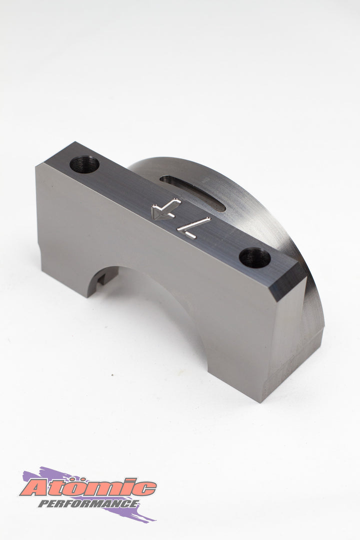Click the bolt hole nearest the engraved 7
pos(254,257)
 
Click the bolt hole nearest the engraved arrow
pos(84,164)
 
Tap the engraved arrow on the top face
pos(165,209)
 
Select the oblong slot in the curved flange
pos(193,193)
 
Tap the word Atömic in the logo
pos(88,487)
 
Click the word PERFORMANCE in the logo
pos(88,503)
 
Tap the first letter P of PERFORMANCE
pos(44,503)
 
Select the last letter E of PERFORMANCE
pos(133,503)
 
